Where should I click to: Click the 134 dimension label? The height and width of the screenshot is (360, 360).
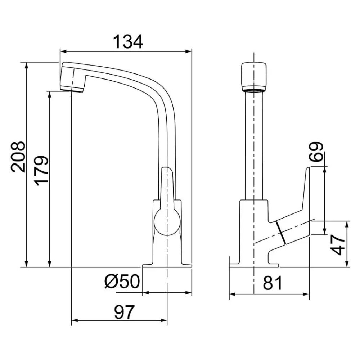click(129, 42)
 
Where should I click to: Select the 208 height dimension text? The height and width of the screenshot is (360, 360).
click(18, 157)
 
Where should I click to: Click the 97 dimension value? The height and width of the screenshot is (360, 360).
click(124, 312)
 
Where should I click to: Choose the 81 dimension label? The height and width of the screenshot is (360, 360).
click(273, 283)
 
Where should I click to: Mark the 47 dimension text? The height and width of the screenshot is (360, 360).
click(338, 246)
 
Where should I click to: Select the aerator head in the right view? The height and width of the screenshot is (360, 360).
click(254, 77)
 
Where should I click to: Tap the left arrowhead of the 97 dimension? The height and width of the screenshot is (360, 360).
click(75, 320)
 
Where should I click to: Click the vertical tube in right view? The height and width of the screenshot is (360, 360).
click(254, 144)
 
